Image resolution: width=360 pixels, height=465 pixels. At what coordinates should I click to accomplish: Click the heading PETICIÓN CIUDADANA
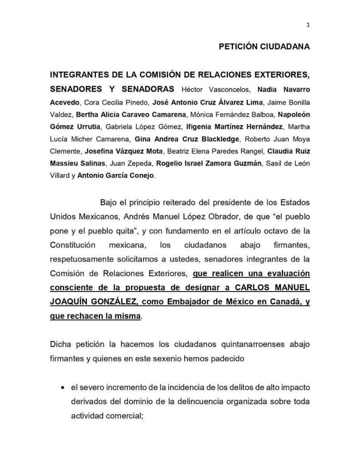265,47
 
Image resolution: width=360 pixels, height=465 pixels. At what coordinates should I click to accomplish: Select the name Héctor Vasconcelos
212,88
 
